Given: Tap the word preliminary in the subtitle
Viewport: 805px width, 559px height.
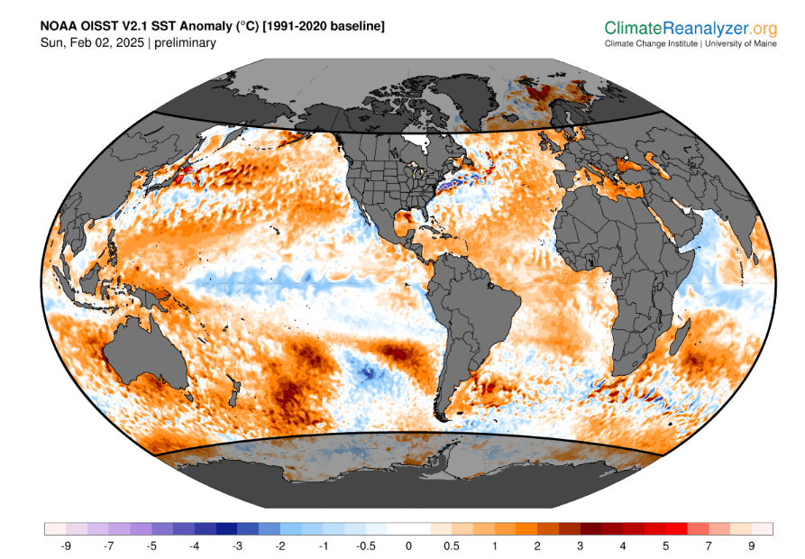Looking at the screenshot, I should pos(186,42).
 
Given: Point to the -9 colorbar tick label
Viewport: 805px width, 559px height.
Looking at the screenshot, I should pos(67,545).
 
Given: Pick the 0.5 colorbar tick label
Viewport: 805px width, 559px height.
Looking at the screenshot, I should pos(452,545).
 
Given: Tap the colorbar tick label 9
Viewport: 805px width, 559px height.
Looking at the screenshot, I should pos(751,545).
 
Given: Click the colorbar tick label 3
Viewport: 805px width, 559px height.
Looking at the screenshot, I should pos(580,545).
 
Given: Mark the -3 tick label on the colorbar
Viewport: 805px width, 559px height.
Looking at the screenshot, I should pos(237,545).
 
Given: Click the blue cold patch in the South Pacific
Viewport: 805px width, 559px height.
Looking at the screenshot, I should pos(365,371).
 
